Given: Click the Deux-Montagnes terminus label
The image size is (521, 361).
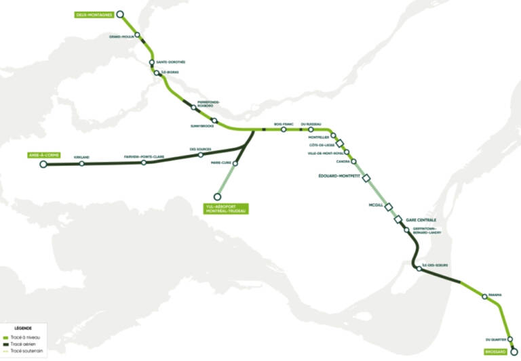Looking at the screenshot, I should click(94, 14).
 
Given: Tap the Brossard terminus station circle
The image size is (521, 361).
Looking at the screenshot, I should click(514, 352).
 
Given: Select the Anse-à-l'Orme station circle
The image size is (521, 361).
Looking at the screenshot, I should click(44, 164).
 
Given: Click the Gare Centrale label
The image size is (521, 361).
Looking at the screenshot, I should click(421, 221).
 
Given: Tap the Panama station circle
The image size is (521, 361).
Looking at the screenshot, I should click(485, 297).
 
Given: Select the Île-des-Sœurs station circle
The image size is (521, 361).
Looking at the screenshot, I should click(419, 270).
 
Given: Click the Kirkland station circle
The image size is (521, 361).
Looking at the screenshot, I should click(82, 163).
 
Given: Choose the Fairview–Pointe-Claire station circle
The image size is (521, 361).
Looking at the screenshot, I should click(144, 163).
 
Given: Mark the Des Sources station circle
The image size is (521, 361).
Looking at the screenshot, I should click(201, 155).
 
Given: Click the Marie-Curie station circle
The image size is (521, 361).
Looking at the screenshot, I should click(216, 163).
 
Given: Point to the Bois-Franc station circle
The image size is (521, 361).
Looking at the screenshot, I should click(284, 129).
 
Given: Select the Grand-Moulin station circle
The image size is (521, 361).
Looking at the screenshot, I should click(138, 35).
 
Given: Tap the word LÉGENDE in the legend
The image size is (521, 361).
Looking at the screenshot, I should click(22, 328).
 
